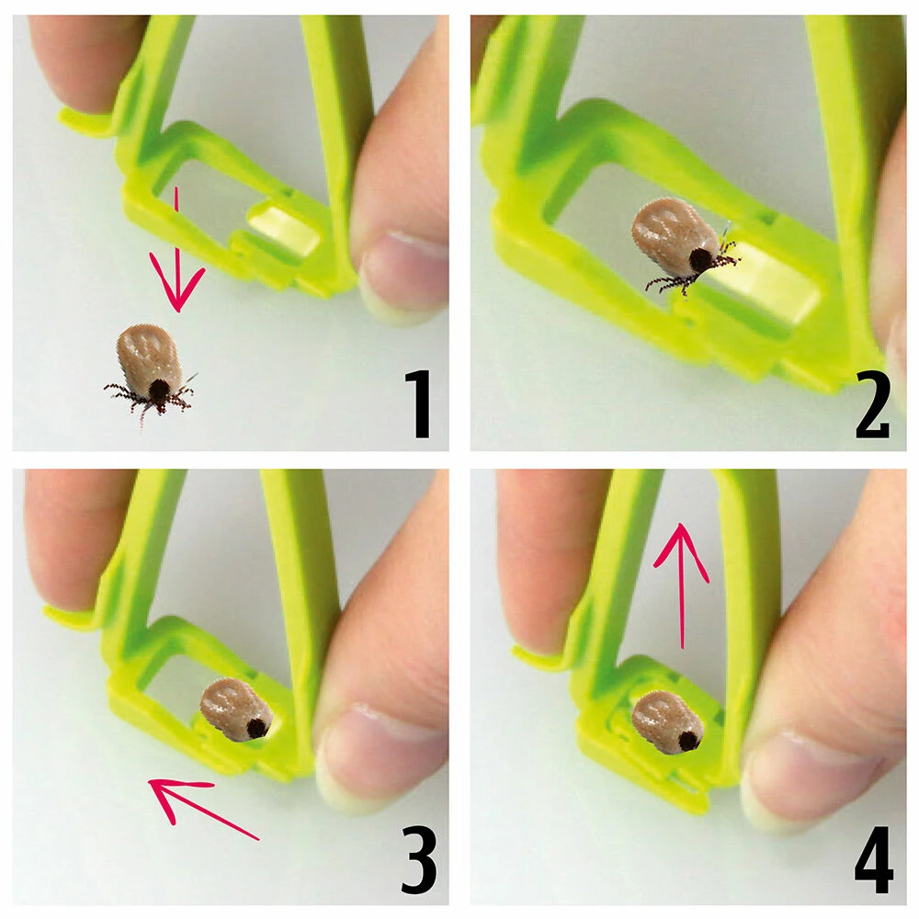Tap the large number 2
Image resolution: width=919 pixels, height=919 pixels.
pos(873,404)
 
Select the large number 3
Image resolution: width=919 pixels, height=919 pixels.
pos(419,858)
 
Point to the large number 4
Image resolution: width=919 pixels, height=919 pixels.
pos(874,859)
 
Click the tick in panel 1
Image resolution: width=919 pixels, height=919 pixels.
pos(151,372)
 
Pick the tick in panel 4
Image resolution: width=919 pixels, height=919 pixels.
pos(668,721)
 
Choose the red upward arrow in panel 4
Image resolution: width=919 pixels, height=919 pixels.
pos(682,586)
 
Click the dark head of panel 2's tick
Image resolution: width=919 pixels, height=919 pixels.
pos(701,260)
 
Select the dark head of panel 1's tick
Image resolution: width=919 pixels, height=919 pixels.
pos(158,391)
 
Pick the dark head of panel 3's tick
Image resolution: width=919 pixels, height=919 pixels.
pos(256,728)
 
